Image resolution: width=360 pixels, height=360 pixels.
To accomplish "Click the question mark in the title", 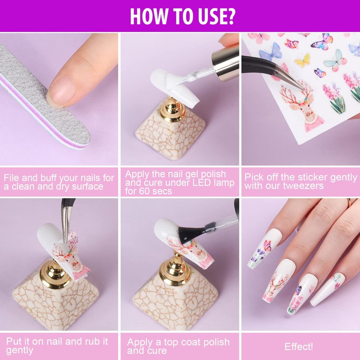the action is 229,16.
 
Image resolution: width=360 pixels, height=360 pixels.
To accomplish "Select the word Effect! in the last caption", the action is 298,346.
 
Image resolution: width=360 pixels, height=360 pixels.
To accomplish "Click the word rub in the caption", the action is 93,342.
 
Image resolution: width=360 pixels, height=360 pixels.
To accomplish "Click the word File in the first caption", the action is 12,178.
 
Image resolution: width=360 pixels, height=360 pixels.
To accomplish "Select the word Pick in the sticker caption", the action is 252,177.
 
